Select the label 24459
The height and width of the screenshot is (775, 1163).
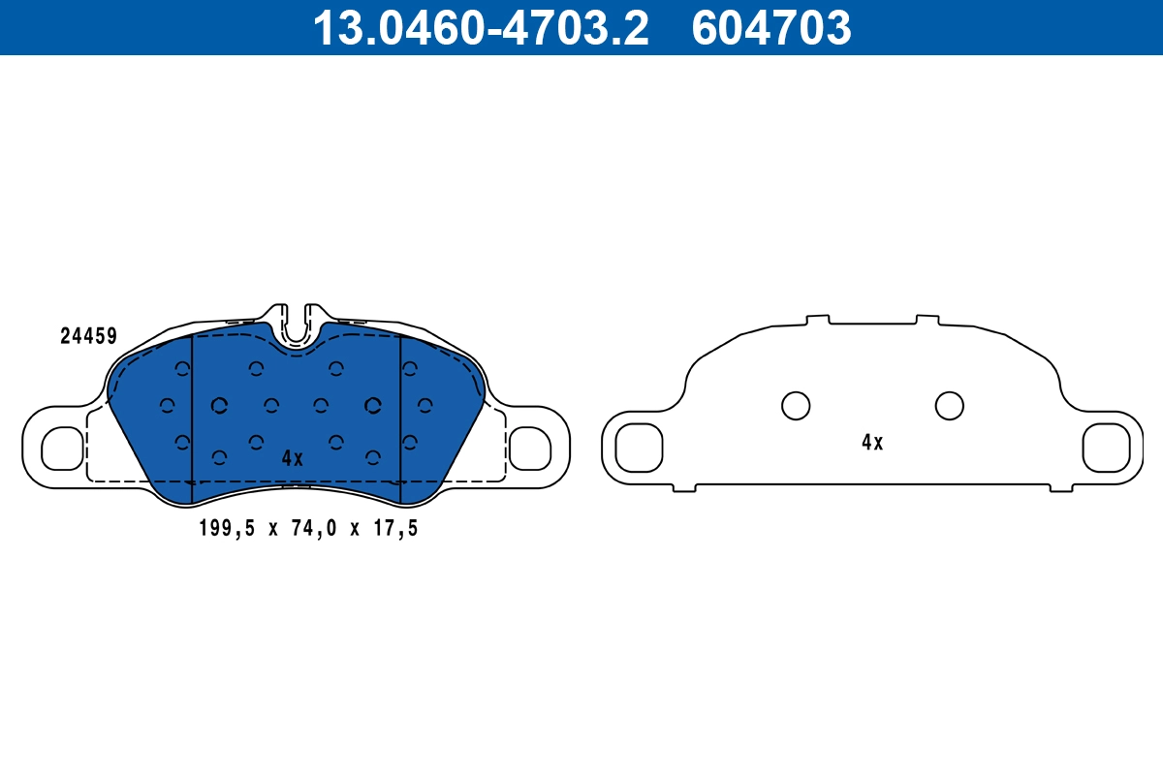(88, 336)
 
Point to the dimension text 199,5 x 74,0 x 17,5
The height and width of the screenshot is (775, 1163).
(307, 528)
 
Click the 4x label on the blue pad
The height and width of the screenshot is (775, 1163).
(292, 458)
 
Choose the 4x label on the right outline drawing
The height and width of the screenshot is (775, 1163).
(872, 443)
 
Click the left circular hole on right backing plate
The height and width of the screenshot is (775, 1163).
(796, 406)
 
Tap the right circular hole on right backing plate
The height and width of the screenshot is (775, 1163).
(949, 406)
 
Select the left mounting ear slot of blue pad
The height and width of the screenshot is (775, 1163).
(63, 447)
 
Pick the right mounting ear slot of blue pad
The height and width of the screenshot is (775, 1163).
(529, 447)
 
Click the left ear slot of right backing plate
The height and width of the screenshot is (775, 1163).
(639, 447)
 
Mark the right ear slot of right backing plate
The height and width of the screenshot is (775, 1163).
(1106, 447)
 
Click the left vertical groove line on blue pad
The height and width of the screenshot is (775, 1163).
(193, 417)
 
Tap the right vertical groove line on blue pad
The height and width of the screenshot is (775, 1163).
(400, 417)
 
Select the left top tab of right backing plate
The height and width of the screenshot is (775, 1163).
(818, 319)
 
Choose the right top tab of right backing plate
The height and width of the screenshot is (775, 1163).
(927, 319)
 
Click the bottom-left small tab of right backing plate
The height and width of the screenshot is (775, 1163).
(684, 488)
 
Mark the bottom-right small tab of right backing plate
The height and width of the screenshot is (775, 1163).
(1061, 488)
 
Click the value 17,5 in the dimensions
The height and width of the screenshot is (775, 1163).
(397, 528)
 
